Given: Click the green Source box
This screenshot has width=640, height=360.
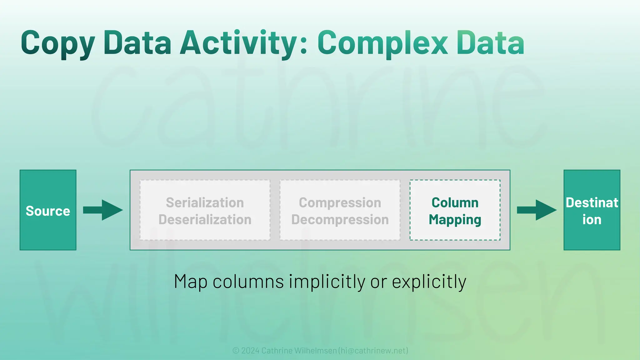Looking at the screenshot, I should [x=48, y=210].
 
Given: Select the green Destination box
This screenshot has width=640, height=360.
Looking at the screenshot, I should [x=592, y=210].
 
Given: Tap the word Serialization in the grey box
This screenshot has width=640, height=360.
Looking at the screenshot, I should [x=205, y=202].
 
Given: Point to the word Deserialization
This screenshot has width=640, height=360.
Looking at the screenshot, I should [x=205, y=219].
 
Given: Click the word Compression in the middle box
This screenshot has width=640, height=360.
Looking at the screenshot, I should [x=340, y=202].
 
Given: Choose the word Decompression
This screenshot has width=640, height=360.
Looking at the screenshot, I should [x=340, y=219].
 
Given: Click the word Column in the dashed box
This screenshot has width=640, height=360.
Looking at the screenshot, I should [x=455, y=202].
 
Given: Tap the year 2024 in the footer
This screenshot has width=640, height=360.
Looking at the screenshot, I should [x=250, y=351].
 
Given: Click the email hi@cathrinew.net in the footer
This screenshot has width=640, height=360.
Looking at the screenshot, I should [x=373, y=351].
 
